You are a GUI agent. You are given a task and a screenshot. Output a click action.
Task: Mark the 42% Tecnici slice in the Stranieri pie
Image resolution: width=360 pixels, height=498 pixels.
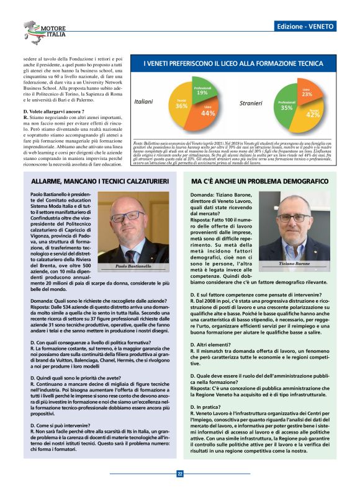[312, 113]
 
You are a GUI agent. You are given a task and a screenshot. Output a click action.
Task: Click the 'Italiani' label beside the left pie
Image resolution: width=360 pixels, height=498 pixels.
[143, 101]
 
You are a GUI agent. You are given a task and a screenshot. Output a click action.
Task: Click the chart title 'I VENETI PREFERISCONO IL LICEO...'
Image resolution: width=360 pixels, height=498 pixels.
[236, 64]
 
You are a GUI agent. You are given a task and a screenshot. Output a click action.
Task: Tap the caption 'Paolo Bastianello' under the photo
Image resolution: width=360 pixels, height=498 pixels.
[134, 266]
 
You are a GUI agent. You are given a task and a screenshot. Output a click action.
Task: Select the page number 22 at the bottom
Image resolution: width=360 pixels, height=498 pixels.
[179, 474]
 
